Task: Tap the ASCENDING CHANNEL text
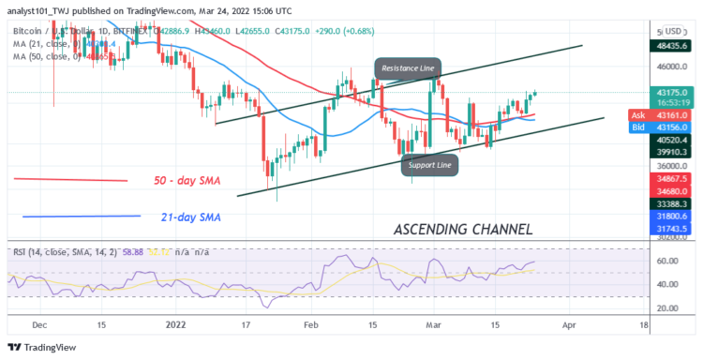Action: (x=463, y=228)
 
